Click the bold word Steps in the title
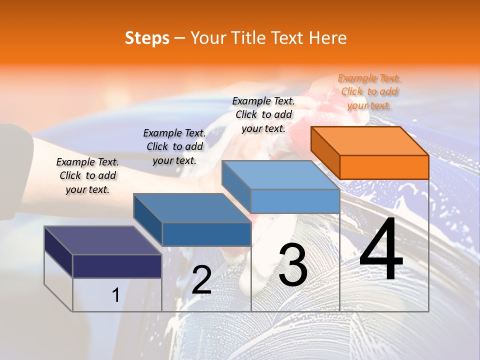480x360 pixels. coord(146,38)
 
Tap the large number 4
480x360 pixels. coord(381,250)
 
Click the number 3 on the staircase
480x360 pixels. coord(293,265)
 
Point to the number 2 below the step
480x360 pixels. coord(201,280)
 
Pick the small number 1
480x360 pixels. coord(115,295)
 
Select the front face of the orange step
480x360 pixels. coord(384,167)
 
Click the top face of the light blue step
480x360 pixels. coord(280,175)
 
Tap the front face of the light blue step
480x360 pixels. coord(295,201)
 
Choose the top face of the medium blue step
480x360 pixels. coord(192,208)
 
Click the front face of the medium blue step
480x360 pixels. coord(206,234)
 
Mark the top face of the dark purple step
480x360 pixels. coord(103,240)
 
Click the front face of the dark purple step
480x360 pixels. coord(117,266)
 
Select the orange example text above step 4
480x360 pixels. coord(369,91)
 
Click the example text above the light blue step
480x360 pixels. coord(263,114)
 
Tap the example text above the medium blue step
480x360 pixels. coord(174,146)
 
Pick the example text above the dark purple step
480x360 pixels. coord(87,175)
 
